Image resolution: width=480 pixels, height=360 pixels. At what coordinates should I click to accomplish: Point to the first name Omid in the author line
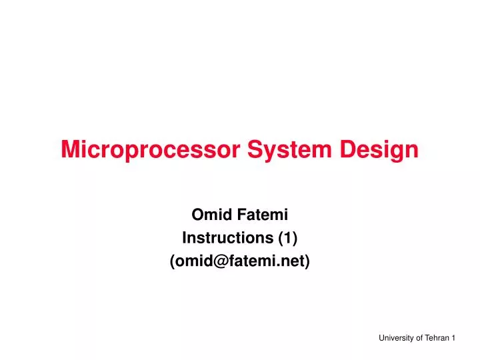tap(208, 215)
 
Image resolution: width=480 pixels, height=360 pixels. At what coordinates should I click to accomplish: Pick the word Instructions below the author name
tap(223, 238)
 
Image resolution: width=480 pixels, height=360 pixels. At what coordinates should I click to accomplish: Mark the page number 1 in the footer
tap(453, 339)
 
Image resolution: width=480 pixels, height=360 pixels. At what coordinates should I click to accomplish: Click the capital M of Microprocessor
tap(69, 150)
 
